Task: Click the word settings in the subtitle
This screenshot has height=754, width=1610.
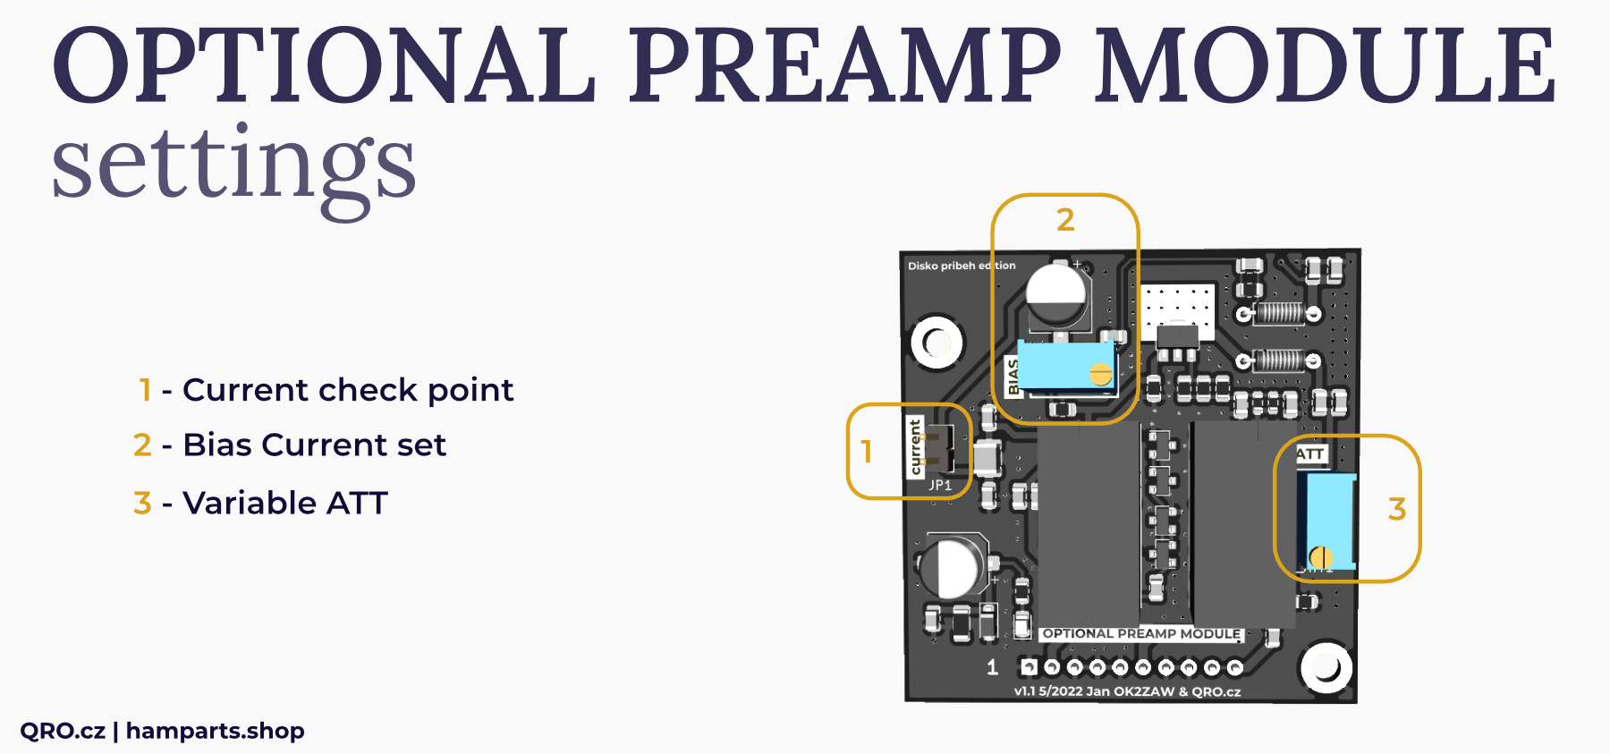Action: click(x=234, y=165)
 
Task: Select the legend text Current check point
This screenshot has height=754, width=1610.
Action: click(x=348, y=390)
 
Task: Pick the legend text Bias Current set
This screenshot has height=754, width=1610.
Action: click(x=314, y=445)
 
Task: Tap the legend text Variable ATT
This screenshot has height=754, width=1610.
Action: click(x=284, y=503)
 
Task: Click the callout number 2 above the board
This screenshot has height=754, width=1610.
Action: click(x=1065, y=220)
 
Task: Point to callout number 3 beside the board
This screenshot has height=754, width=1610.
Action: click(x=1397, y=510)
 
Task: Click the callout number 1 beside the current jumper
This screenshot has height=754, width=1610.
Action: click(x=866, y=452)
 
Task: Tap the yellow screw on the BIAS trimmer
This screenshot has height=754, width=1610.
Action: click(x=1100, y=374)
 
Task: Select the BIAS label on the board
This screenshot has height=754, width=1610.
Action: click(x=1013, y=377)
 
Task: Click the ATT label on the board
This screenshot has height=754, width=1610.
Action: click(x=1310, y=454)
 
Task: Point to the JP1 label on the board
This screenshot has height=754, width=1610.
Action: click(x=940, y=485)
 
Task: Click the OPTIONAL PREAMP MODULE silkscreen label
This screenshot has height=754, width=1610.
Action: click(x=1141, y=633)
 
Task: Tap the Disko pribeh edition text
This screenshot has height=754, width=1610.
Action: click(x=962, y=266)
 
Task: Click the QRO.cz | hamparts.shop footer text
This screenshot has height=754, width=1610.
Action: click(x=162, y=731)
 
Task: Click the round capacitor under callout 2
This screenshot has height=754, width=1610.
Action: click(x=1057, y=295)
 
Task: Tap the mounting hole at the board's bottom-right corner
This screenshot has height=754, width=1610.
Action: click(x=1325, y=668)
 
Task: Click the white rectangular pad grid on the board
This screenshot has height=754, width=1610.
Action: click(x=1177, y=307)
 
